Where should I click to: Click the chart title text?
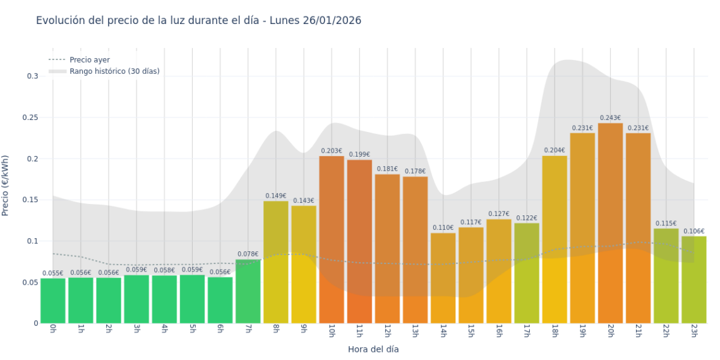[x=198, y=21]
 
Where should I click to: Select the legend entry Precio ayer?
[x=90, y=60]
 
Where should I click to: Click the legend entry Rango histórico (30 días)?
[x=114, y=71]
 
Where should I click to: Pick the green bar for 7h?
[x=248, y=291]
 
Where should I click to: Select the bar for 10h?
[x=332, y=239]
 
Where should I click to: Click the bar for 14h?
[x=443, y=278]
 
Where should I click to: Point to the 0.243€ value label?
[x=610, y=118]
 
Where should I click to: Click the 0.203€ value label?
[x=332, y=151]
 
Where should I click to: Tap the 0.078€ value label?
[x=248, y=255]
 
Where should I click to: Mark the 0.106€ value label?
[x=693, y=231]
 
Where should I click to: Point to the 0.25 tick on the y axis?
[x=30, y=117]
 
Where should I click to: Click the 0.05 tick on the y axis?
[x=30, y=282]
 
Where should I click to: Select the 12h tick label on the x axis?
[x=387, y=332]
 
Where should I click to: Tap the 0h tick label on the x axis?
[x=53, y=330]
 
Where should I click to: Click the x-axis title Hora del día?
[x=373, y=349]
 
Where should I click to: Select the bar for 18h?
[x=555, y=239]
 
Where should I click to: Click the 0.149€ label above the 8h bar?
[x=276, y=196]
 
